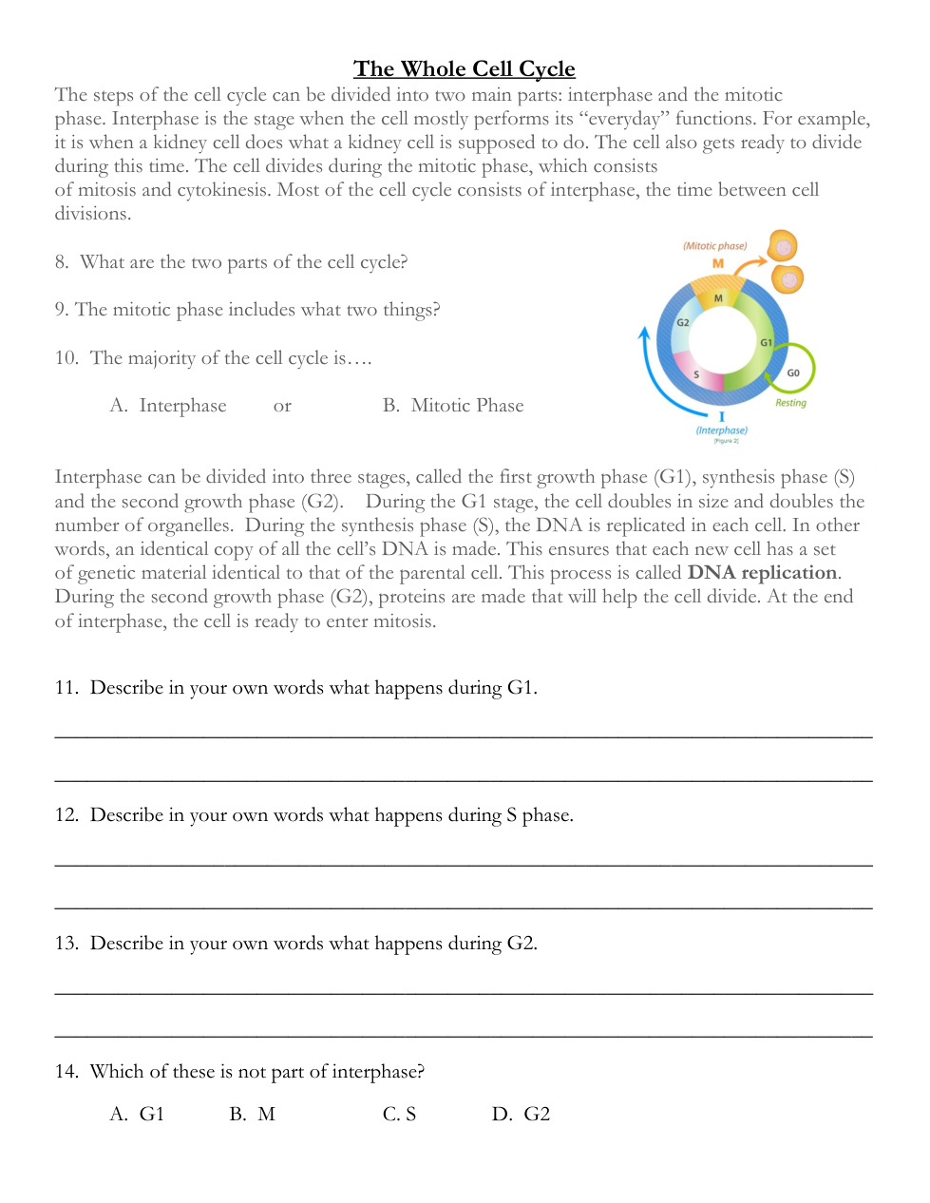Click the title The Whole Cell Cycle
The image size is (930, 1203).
tap(464, 69)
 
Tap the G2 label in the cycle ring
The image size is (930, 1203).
tap(682, 323)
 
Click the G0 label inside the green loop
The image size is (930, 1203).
tap(793, 373)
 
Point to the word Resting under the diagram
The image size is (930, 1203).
tap(790, 403)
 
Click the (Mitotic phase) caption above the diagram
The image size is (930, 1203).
tap(714, 246)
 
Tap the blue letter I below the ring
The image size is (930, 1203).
tap(722, 417)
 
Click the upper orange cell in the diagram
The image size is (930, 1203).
tap(782, 247)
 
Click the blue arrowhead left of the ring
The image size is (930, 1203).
tap(644, 333)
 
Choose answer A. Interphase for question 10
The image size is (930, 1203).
tap(168, 406)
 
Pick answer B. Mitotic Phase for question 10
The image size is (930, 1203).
tap(453, 406)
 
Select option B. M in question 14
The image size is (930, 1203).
tap(253, 1115)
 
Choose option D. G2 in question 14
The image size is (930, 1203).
tap(522, 1115)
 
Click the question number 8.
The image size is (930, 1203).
tap(62, 262)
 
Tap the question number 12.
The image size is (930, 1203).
tap(66, 815)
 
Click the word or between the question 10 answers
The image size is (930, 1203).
tap(282, 407)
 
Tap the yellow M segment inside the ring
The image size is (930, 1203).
tap(718, 298)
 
